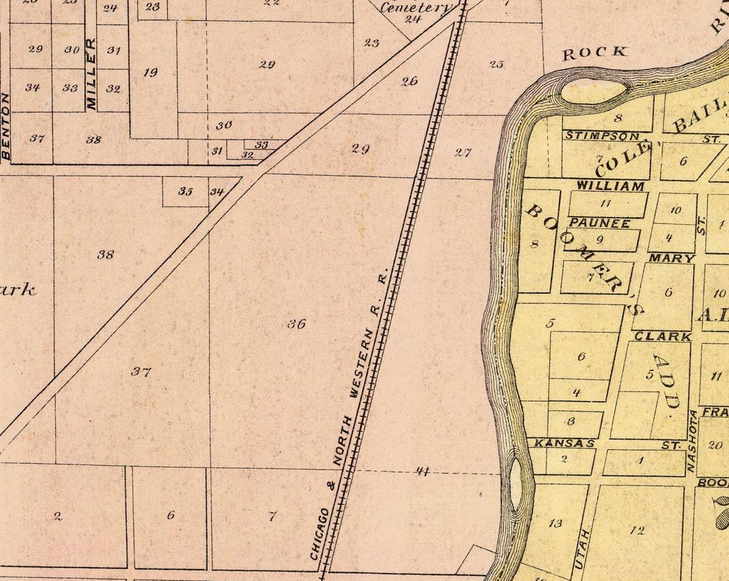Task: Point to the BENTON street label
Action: [x=6, y=126]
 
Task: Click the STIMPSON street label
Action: [x=602, y=136]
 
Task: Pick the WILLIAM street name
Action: [x=610, y=186]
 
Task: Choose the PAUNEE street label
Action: [x=600, y=223]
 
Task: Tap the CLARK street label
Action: [x=662, y=336]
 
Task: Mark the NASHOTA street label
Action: [x=692, y=441]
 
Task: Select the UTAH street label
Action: [x=582, y=549]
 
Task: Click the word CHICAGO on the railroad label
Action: [x=320, y=534]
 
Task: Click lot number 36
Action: [x=297, y=324]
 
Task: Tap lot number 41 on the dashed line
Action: [x=422, y=470]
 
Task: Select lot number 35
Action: [x=185, y=191]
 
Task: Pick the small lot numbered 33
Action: [x=261, y=145]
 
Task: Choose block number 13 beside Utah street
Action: [x=555, y=523]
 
